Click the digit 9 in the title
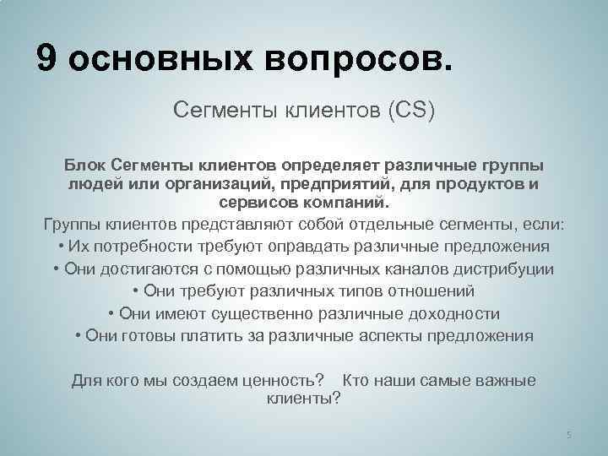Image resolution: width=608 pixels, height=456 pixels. (48, 59)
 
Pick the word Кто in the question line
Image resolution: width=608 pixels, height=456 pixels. (358, 380)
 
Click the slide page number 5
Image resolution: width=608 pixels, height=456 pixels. (568, 434)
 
